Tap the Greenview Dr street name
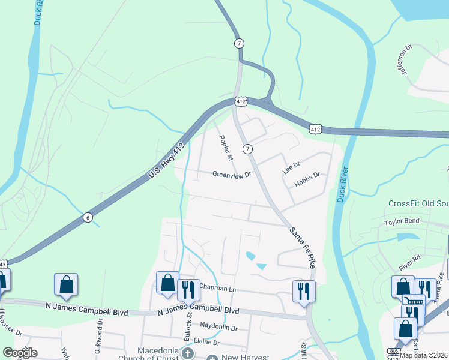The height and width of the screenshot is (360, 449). [232, 174]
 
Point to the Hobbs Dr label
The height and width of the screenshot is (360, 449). [308, 179]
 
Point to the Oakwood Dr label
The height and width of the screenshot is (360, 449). [100, 340]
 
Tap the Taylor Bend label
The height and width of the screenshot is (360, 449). [401, 222]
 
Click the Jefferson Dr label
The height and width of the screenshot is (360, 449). [403, 62]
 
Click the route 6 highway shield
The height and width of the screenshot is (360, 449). [88, 217]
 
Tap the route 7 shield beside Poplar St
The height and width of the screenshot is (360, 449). [248, 148]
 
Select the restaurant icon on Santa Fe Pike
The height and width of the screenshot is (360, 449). [304, 291]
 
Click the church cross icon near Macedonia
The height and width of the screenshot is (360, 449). [188, 354]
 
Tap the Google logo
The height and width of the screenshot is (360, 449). [20, 353]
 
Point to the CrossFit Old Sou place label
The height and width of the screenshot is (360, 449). [418, 204]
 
